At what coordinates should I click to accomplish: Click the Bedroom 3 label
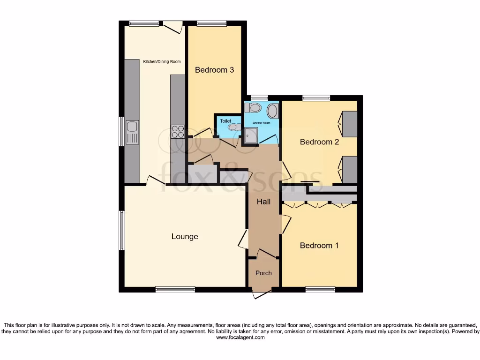coord(214,70)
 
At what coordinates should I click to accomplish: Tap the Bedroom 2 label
coord(319,142)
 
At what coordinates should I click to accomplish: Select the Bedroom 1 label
coord(319,246)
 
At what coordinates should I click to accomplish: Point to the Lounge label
coord(185,237)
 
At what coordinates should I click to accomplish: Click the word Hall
coord(263,202)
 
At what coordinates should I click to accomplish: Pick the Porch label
coord(263,273)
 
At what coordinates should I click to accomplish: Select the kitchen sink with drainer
coord(132,132)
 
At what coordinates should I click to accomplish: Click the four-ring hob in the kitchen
coord(178,131)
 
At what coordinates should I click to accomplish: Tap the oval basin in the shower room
coord(272,111)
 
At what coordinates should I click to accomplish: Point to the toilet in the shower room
coord(253,108)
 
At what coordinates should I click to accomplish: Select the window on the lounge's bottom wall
coord(175,290)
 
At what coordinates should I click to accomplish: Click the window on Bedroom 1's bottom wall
coord(321,290)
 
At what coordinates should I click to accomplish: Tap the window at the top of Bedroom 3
coord(211,23)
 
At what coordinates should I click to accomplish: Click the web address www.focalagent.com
coord(240,337)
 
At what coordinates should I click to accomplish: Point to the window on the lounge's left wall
coord(122,230)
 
